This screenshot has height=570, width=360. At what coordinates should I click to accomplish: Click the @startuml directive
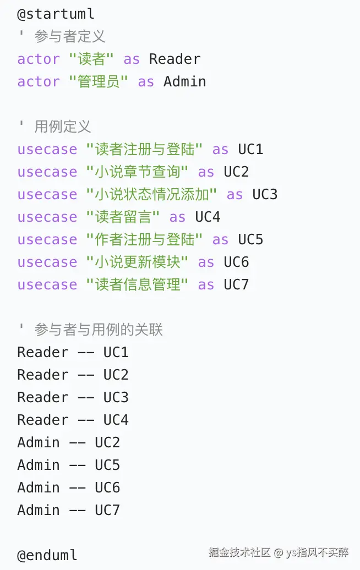56,14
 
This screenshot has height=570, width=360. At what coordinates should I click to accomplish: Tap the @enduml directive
47,555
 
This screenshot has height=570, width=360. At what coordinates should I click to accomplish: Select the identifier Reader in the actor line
174,59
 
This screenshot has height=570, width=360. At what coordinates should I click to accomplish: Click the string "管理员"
98,81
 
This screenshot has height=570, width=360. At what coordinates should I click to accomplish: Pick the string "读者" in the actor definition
91,59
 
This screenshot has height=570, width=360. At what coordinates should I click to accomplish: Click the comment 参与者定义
69,36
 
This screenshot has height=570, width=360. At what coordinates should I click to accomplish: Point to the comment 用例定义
62,127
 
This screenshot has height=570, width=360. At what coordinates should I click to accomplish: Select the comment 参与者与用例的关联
98,330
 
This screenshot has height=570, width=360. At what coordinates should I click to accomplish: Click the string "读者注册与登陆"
144,149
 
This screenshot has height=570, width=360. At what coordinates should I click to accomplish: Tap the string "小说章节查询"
137,172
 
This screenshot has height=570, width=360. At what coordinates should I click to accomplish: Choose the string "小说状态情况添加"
151,194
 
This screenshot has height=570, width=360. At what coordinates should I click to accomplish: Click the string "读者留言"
123,217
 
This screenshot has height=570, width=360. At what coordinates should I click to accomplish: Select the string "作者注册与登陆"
144,239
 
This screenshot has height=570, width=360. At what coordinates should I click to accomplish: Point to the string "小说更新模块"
137,262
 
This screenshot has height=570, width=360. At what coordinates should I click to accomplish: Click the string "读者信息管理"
137,284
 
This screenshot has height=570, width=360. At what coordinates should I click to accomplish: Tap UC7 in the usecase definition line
236,284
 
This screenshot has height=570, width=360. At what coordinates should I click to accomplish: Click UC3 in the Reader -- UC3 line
116,397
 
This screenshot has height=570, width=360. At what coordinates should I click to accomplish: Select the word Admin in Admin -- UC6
38,487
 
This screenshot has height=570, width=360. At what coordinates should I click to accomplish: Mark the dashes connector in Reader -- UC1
86,353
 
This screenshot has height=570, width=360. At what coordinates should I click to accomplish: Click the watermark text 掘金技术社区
239,552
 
